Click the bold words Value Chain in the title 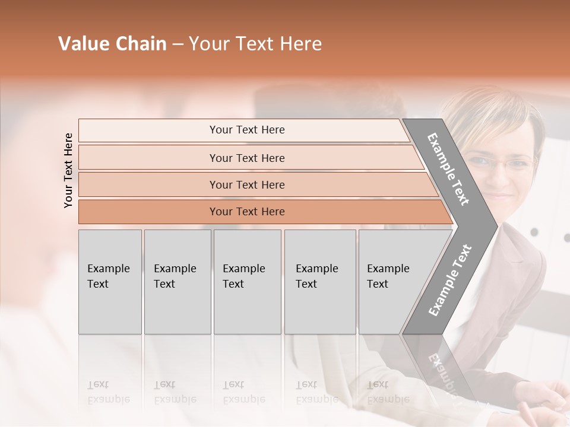click(x=112, y=44)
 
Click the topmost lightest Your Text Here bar click(x=246, y=130)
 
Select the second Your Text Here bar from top click(x=246, y=158)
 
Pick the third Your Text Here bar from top click(x=246, y=184)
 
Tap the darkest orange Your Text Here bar click(x=246, y=212)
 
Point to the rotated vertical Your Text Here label click(x=68, y=170)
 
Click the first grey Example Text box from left click(x=110, y=282)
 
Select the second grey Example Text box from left click(x=177, y=282)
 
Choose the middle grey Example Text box click(x=247, y=282)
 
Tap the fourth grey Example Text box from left click(x=319, y=282)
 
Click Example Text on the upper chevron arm click(x=448, y=169)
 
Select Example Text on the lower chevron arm click(x=449, y=280)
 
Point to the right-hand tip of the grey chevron click(x=496, y=226)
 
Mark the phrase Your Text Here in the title click(x=255, y=44)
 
